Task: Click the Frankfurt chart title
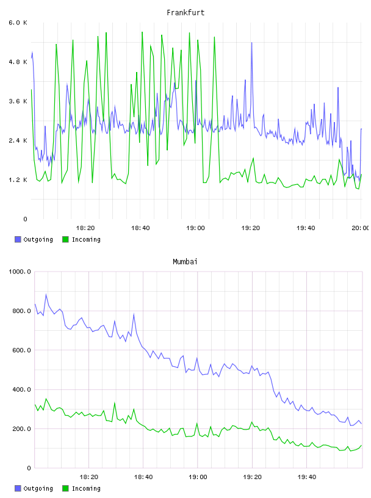coord(185,12)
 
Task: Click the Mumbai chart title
coord(185,261)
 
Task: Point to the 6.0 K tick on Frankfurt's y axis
coord(18,23)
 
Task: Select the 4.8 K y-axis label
coord(18,62)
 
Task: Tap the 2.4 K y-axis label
coord(18,140)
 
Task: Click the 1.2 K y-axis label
coord(18,180)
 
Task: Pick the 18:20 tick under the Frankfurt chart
coord(85,228)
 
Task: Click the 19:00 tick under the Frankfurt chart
coord(195,228)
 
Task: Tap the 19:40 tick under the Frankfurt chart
coord(306,228)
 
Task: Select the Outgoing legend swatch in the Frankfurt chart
coord(18,239)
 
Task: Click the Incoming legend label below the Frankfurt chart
coord(86,239)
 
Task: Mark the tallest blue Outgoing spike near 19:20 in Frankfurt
coord(251,43)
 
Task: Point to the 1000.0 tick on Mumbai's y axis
coord(20,272)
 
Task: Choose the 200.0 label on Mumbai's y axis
coord(21,429)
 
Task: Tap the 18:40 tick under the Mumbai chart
coord(143,477)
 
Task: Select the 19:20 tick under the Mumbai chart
coord(252,477)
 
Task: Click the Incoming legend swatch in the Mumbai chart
coord(65,488)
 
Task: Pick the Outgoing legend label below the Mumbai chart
coord(38,488)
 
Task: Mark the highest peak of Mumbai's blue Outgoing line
coord(46,294)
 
